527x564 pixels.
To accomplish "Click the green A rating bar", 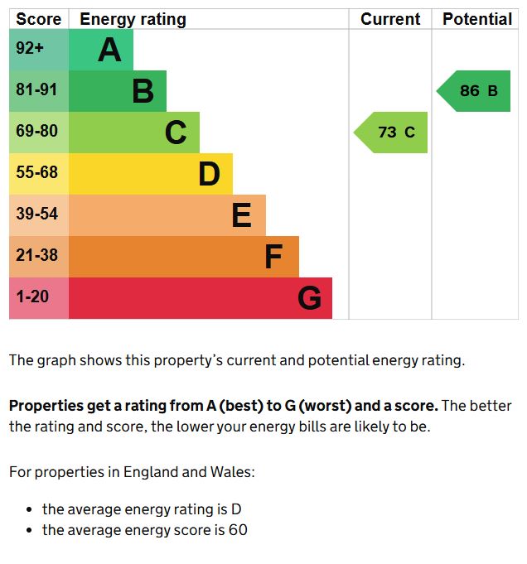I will click(100, 50).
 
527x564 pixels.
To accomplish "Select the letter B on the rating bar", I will click(143, 91).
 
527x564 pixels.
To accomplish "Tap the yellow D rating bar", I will click(149, 174).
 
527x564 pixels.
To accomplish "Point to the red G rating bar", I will click(199, 298).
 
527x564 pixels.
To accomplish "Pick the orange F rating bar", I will click(182, 257).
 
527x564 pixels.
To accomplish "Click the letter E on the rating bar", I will click(241, 215).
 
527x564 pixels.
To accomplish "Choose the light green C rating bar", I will click(133, 133).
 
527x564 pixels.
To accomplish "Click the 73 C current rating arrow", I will click(392, 133).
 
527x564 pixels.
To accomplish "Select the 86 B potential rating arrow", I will click(475, 91).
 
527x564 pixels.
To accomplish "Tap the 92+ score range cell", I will click(39, 50).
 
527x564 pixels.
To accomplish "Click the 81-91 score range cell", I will click(39, 91).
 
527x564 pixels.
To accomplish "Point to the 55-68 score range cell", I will click(39, 174).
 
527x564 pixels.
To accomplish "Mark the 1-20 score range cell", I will click(39, 298).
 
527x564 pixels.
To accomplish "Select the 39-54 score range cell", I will click(39, 215).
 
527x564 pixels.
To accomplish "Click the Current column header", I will click(390, 19).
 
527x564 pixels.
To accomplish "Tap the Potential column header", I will click(476, 19).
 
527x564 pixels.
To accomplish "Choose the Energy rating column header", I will click(133, 19).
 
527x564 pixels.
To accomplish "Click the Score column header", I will click(39, 19).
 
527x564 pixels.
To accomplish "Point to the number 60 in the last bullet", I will click(238, 530).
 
